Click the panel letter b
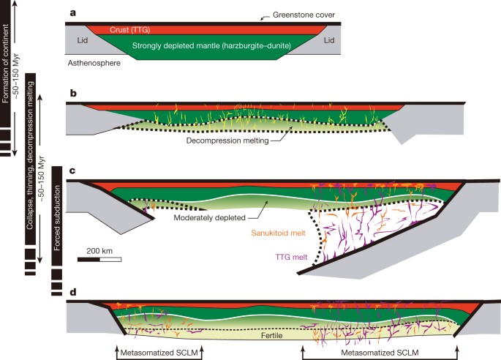(x=72, y=94)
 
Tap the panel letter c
(x=72, y=171)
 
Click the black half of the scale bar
(x=88, y=258)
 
